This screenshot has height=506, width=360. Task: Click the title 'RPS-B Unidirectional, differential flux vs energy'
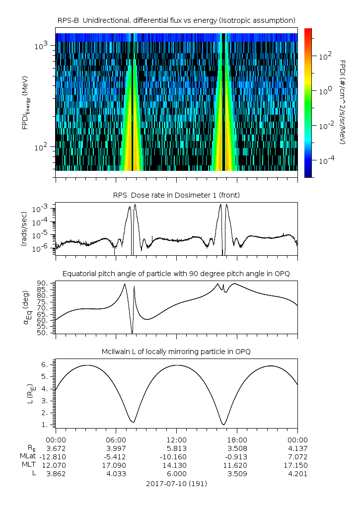click(x=176, y=20)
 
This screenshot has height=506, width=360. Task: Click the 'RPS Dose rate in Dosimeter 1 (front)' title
click(x=176, y=195)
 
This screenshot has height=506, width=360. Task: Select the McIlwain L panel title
click(x=176, y=352)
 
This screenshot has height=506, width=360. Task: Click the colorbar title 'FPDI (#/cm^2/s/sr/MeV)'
click(x=342, y=102)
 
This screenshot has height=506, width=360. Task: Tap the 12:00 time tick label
click(x=176, y=439)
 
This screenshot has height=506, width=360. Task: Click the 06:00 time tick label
click(x=116, y=439)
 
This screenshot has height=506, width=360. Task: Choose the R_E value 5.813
click(x=176, y=448)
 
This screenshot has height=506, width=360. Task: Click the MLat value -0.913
click(x=236, y=456)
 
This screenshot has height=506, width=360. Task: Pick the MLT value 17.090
click(x=116, y=465)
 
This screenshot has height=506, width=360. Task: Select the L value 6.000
click(x=176, y=474)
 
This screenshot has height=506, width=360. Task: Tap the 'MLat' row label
click(x=27, y=456)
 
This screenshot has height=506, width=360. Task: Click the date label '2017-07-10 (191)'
click(x=176, y=484)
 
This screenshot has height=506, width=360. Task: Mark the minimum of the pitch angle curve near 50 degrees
click(x=132, y=333)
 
